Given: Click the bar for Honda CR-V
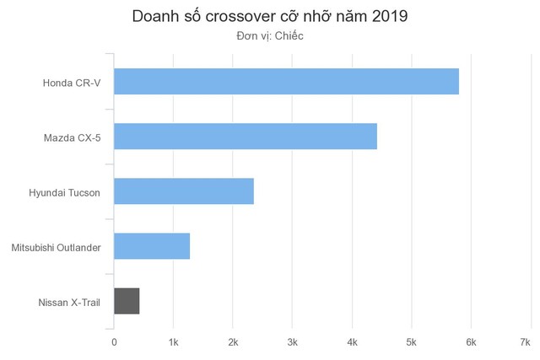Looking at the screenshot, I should pos(286,82).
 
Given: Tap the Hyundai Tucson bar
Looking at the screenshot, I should pos(184,191).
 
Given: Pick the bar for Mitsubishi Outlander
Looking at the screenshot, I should pos(152,246).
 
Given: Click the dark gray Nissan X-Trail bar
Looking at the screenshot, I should pos(127,301).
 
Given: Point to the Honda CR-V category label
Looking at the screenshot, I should pos(72,83).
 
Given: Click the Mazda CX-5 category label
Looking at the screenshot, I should pos(72,137).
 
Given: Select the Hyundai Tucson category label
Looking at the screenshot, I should pos(64,192).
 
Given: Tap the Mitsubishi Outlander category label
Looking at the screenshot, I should pos(57,247).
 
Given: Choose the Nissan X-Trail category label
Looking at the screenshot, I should pos(69,302).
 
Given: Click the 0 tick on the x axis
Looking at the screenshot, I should pos(115,341).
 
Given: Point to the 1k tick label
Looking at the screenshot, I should pos(174,341).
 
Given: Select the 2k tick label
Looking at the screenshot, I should pos(233,341).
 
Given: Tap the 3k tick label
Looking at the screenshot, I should pos(293,341).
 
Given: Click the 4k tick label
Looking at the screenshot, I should pos(352,341).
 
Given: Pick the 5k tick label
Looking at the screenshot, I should pos(412,341).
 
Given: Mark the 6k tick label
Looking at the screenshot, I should pos(471,341).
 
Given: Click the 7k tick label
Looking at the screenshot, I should pos(525,341).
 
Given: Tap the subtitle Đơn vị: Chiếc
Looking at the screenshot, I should pos(270,36).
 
